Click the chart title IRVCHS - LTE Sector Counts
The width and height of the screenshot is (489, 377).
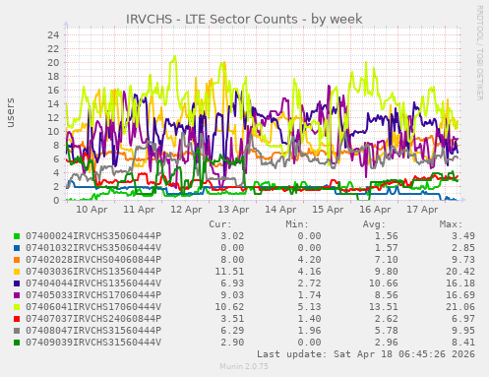(x=244, y=19)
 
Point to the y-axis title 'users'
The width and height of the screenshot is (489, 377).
(x=11, y=113)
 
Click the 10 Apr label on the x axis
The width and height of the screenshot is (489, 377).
(x=92, y=210)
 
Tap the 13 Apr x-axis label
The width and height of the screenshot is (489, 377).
(x=233, y=210)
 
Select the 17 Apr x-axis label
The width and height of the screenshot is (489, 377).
(x=422, y=210)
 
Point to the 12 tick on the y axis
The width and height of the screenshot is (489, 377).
(x=54, y=117)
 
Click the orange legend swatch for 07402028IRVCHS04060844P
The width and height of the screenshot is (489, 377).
(x=16, y=260)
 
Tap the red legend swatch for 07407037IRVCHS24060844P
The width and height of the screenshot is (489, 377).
(x=16, y=319)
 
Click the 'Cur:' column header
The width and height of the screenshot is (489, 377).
(x=220, y=224)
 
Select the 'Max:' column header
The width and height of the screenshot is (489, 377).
(x=451, y=224)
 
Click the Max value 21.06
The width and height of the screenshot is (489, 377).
(x=447, y=307)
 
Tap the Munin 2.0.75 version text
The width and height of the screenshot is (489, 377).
(x=244, y=366)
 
